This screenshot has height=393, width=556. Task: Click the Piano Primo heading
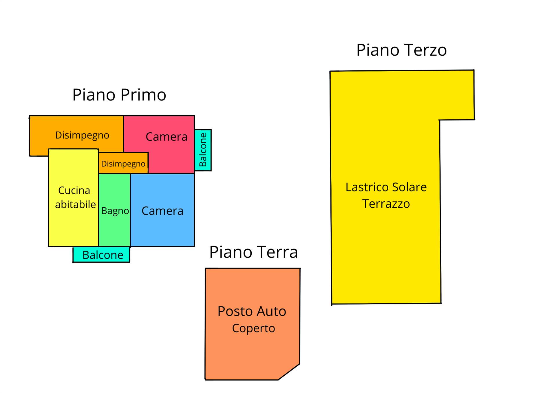119,95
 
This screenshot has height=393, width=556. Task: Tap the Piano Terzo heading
401,50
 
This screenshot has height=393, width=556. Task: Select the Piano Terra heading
253,252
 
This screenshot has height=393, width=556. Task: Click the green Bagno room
114,223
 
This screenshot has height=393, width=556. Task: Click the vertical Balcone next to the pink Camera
203,150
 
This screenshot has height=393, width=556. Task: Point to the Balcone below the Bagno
101,255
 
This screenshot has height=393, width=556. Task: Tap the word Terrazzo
386,204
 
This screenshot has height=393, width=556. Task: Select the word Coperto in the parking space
253,328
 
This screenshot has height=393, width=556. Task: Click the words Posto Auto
252,311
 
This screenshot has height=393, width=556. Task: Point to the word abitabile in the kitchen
75,204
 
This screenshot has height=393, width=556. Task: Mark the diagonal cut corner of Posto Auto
289,372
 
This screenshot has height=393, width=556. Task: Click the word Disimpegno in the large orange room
82,135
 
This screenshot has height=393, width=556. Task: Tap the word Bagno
115,211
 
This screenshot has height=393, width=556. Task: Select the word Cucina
74,190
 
